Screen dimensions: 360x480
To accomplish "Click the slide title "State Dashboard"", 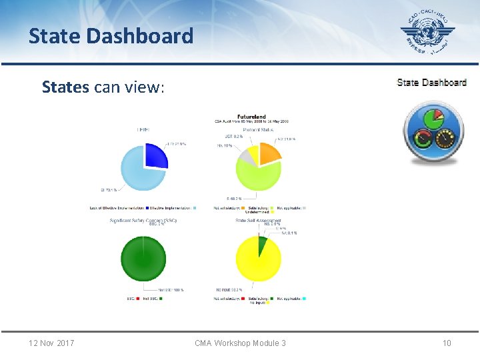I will [x=111, y=35].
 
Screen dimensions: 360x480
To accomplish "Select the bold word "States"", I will [x=65, y=87].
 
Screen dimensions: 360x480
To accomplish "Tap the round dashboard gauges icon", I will [x=431, y=131].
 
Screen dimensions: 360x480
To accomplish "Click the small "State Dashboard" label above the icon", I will [x=431, y=83].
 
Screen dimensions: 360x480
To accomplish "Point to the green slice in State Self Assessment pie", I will [x=263, y=245].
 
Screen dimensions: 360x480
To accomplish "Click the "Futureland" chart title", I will [x=251, y=117].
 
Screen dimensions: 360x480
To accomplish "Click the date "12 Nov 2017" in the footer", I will [x=51, y=343].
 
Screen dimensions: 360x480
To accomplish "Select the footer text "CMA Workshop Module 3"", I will [x=240, y=343].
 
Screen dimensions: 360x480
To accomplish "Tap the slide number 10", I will [x=447, y=343].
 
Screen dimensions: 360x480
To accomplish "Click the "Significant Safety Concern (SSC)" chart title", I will [x=143, y=220].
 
